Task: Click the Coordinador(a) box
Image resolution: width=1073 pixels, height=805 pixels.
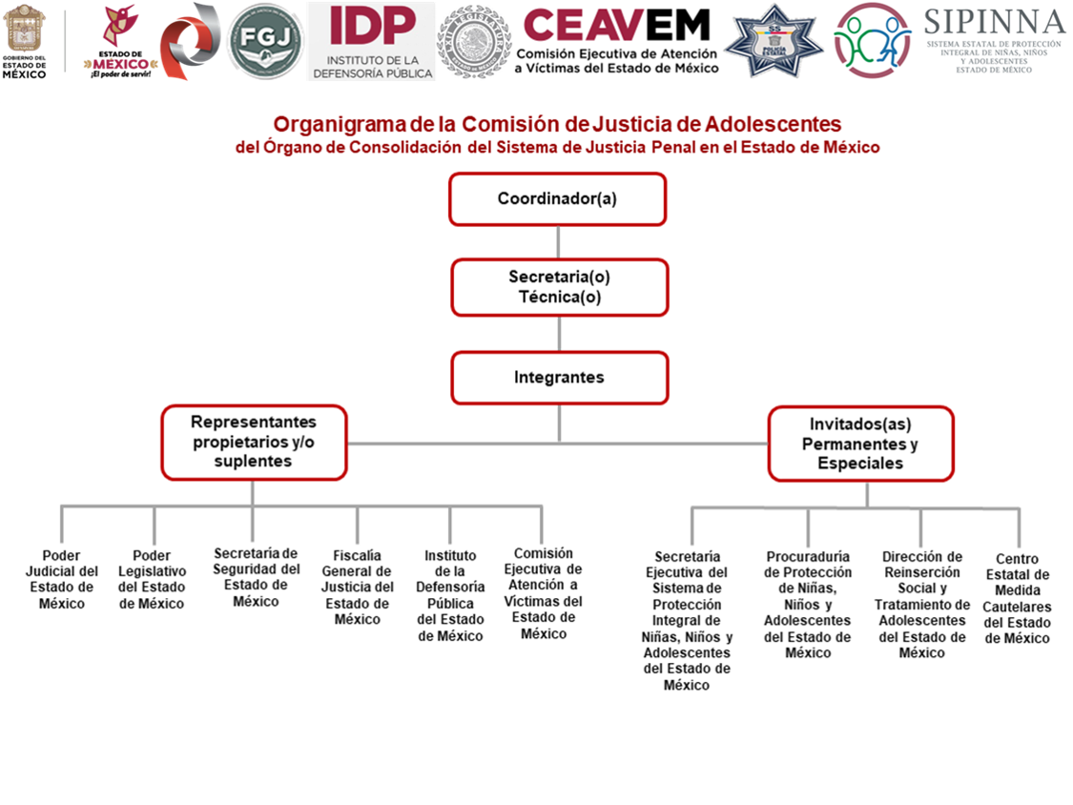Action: tap(557, 199)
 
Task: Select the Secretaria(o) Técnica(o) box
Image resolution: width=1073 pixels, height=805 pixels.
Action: tap(559, 287)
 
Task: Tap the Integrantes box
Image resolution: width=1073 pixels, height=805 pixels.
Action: tap(559, 378)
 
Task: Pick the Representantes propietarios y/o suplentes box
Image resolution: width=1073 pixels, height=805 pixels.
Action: tap(254, 442)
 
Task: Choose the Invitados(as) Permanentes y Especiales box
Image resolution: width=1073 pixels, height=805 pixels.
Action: tap(860, 444)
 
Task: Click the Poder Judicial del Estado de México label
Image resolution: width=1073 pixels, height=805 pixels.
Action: tap(62, 579)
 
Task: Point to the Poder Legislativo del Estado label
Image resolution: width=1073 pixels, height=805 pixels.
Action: tap(152, 579)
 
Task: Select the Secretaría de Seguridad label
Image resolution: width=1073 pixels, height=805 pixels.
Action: tap(255, 577)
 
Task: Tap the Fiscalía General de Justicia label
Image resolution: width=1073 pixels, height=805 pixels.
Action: tap(358, 587)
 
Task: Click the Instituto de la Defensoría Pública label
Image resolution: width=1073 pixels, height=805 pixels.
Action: tap(450, 595)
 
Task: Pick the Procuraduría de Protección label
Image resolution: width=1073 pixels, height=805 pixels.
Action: tap(808, 605)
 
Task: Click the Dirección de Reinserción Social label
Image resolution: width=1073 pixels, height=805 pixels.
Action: tap(921, 605)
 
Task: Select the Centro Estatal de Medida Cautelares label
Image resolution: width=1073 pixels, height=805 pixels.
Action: tap(1018, 598)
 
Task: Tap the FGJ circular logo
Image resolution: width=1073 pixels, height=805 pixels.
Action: tap(266, 41)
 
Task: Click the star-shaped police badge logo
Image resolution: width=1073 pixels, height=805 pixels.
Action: tap(774, 41)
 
